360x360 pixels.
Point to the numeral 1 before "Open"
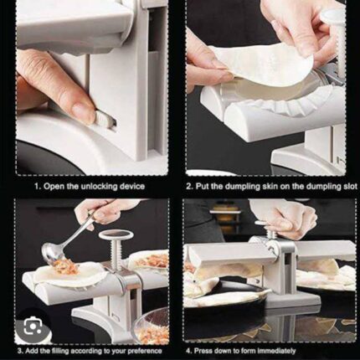pos(36,186)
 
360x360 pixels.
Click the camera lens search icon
pos(33,327)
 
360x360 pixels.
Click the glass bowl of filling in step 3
pos(152,325)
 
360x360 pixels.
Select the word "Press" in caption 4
pos(203,351)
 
